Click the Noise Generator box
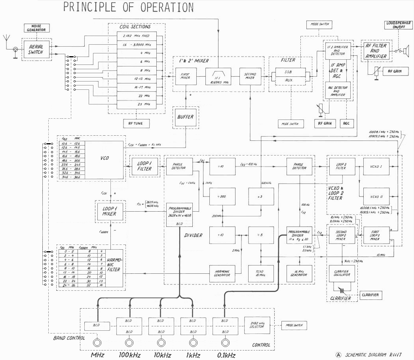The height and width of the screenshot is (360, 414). [x=36, y=28]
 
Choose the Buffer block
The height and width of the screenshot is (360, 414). [x=186, y=117]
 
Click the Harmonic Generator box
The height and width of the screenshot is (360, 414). [x=222, y=272]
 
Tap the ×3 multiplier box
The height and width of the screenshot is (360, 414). [x=260, y=196]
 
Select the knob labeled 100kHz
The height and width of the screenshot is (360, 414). [x=129, y=343]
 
